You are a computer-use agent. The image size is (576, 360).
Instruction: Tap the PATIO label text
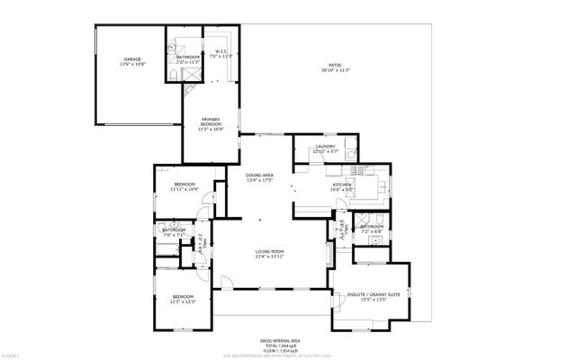tap(335, 66)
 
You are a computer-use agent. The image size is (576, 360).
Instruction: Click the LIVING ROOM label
tap(270, 251)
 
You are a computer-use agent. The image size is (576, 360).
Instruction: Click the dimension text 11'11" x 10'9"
tap(184, 189)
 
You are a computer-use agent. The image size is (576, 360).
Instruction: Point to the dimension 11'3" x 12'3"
tap(183, 301)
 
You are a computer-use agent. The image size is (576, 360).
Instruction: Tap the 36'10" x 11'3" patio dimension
tap(335, 71)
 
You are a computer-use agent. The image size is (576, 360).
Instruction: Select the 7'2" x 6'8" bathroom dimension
tap(371, 231)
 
